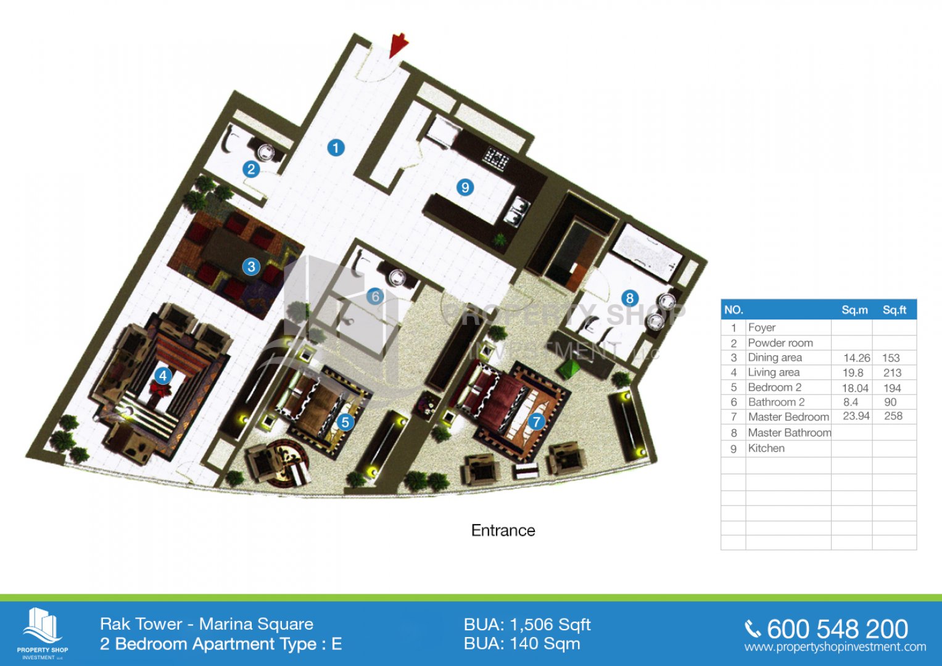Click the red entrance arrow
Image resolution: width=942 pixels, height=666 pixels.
[x=397, y=45]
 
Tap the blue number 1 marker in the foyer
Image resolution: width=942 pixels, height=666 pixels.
[x=336, y=147]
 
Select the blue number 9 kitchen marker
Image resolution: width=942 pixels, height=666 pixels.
[x=465, y=187]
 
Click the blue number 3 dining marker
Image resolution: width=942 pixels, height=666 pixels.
[x=251, y=266]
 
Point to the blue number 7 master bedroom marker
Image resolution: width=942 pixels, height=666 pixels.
[x=536, y=421]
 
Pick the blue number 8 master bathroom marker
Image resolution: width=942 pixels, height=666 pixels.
[x=629, y=298]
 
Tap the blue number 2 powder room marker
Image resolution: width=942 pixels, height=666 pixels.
[x=251, y=169]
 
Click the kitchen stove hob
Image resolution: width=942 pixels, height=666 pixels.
[x=496, y=159]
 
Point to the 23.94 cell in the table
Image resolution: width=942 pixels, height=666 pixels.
[x=856, y=416]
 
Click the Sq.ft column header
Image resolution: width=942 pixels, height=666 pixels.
[x=894, y=310]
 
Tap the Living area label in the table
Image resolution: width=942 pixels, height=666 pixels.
[x=774, y=372]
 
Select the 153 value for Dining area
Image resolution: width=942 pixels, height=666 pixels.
[x=891, y=358]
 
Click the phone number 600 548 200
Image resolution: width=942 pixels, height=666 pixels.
[x=837, y=629]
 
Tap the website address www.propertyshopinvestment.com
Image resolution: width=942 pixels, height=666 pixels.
[x=835, y=647]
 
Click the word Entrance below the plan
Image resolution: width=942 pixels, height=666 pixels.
[x=503, y=530]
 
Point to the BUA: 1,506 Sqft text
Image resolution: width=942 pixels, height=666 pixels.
[x=527, y=625]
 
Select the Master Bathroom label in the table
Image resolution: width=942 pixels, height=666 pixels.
[x=790, y=433]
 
